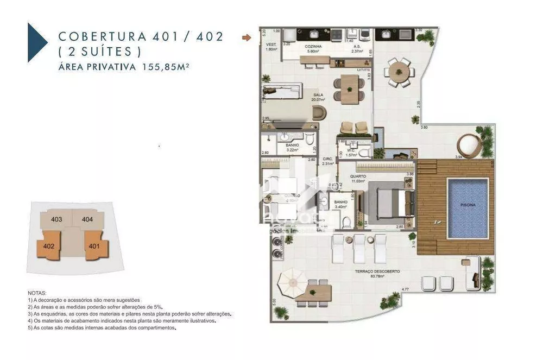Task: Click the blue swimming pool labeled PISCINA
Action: [x=468, y=208]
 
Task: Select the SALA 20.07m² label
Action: [x=318, y=97]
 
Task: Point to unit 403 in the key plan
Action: [x=56, y=219]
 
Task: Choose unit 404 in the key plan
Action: [x=87, y=219]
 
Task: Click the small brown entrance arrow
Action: [x=247, y=37]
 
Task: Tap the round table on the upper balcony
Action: [x=399, y=72]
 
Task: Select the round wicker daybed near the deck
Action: [x=469, y=146]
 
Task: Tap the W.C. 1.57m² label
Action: [x=350, y=153]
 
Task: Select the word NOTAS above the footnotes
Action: [x=37, y=293]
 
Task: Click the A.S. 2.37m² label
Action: [x=357, y=49]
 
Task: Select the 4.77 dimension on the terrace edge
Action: [x=405, y=289]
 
